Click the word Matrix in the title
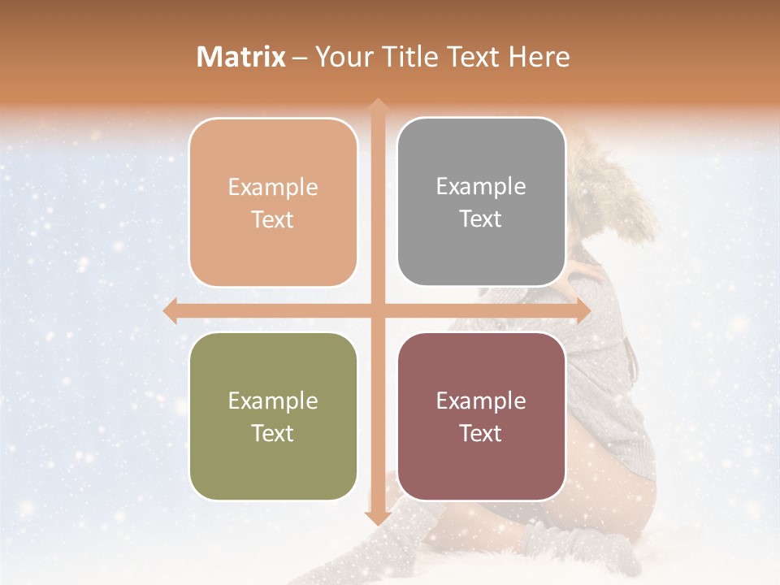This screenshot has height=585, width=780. pos(241,57)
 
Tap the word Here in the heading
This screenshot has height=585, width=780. pos(539,57)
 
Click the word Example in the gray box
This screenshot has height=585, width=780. pos(481,187)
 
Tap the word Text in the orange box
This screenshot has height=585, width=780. pos(273,219)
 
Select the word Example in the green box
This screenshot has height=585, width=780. pos(273,401)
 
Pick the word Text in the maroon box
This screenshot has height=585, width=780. pos(481,433)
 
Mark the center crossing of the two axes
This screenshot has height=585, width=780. pos(377,310)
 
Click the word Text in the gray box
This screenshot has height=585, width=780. pos(481,219)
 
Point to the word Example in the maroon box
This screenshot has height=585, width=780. pos(481,401)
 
